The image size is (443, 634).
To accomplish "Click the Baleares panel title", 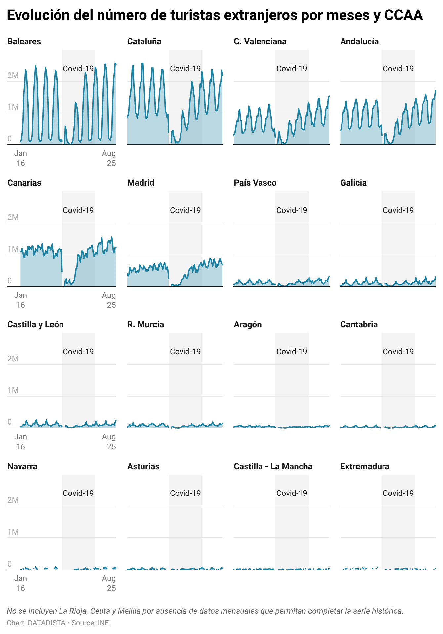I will (24, 41).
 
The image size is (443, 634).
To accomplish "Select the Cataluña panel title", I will (144, 41).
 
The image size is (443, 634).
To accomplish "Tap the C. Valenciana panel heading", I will (260, 41).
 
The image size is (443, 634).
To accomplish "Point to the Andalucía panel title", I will (359, 41).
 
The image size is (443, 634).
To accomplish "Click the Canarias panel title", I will (24, 183).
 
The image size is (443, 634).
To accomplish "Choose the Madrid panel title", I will (141, 183).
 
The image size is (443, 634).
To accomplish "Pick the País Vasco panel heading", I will (255, 183).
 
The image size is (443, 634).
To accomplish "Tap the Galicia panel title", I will (353, 183).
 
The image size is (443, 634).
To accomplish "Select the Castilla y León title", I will (35, 324).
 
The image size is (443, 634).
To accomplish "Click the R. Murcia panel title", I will (145, 324).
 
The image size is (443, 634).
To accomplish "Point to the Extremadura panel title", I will (365, 466).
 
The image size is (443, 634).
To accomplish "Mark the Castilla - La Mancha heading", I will (273, 466).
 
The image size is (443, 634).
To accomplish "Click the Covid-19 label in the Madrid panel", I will (185, 210).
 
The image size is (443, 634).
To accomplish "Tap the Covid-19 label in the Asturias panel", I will (185, 493).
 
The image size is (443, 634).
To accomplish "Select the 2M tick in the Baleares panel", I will (13, 75).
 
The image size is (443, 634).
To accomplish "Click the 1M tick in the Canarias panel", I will (13, 249).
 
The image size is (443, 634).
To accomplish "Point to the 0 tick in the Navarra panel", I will (10, 564).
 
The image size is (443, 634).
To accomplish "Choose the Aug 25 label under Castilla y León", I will (109, 442).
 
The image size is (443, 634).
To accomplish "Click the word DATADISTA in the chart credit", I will (47, 623).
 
